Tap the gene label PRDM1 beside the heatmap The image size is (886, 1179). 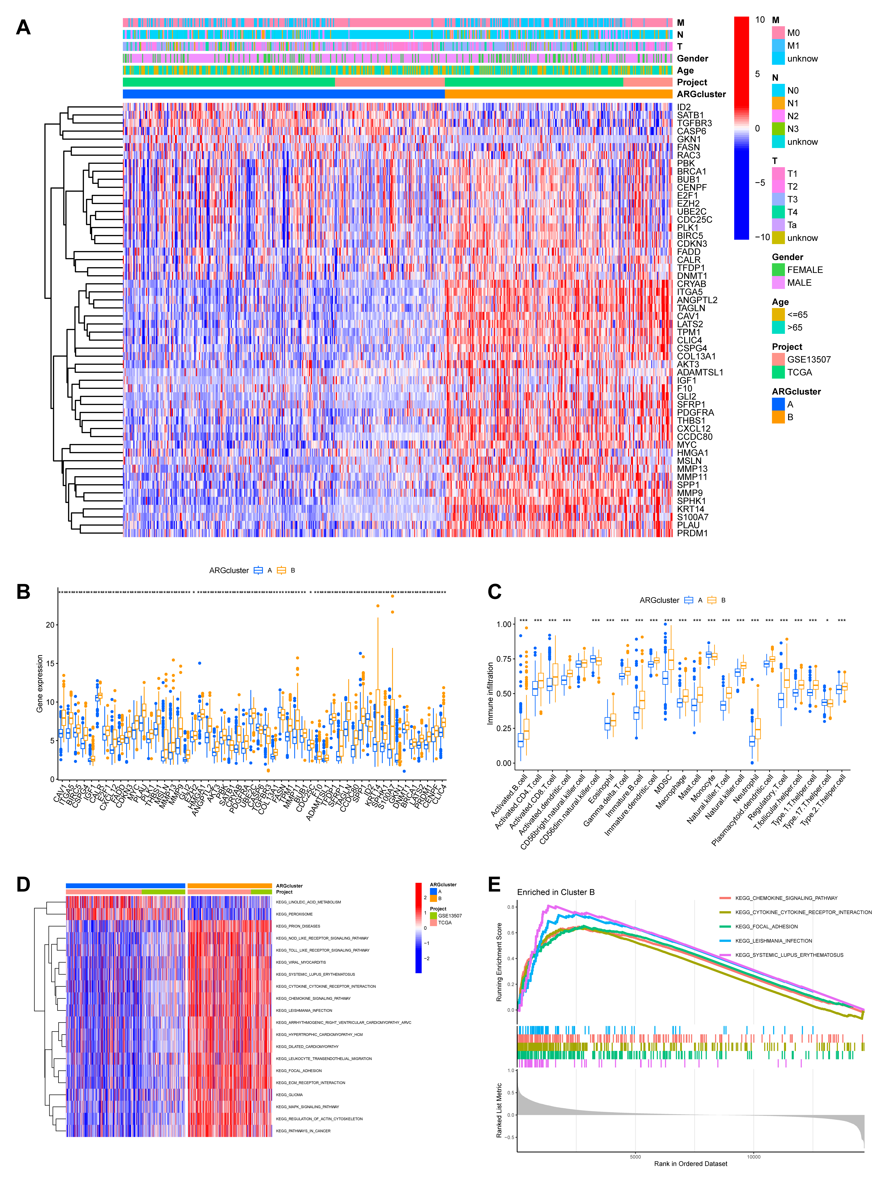pyautogui.click(x=692, y=533)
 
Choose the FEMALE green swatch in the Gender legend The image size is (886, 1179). pyautogui.click(x=778, y=270)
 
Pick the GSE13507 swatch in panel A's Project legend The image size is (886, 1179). pyautogui.click(x=778, y=359)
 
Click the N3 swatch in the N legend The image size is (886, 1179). pyautogui.click(x=778, y=129)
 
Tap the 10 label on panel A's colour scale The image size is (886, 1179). pyautogui.click(x=760, y=20)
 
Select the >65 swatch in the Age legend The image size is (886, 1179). pyautogui.click(x=778, y=327)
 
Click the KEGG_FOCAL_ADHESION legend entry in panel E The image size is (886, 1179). pyautogui.click(x=766, y=926)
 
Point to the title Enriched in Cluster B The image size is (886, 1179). pyautogui.click(x=555, y=892)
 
